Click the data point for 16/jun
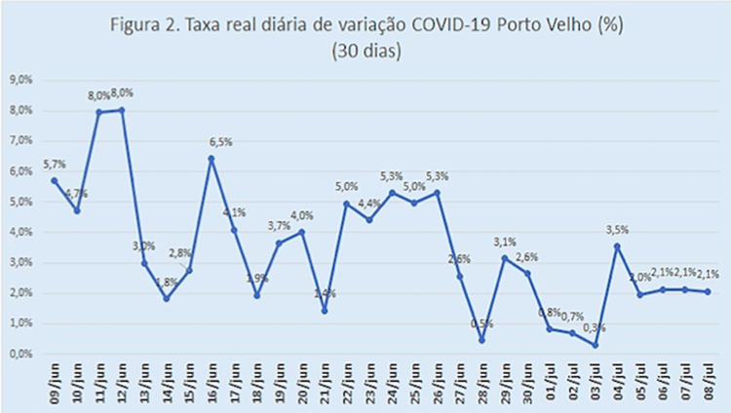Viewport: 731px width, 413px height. [212, 159]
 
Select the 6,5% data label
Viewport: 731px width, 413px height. [222, 142]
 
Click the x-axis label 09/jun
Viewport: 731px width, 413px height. [55, 382]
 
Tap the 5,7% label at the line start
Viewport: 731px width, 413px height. [56, 164]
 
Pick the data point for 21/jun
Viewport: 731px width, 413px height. [324, 311]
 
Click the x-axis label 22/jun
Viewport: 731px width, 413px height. [346, 382]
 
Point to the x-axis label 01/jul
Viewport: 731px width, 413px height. [552, 382]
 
